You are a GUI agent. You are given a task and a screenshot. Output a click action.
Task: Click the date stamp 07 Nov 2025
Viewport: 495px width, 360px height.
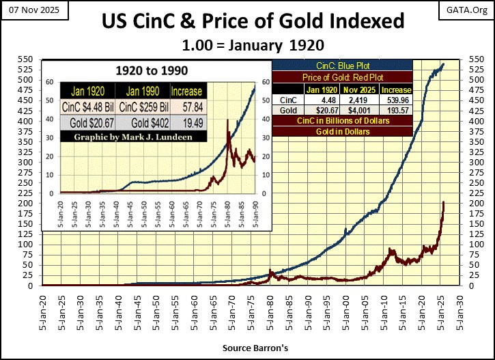tap(27, 10)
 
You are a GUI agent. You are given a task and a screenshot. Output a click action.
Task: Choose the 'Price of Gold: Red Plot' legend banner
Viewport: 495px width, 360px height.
tap(342, 77)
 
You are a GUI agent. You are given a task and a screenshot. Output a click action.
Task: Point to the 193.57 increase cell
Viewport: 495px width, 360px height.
tap(396, 109)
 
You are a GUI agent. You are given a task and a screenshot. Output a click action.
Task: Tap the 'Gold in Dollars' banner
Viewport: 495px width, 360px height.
tap(342, 131)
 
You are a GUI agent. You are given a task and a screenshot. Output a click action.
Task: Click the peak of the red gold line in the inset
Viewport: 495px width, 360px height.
tap(227, 122)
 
